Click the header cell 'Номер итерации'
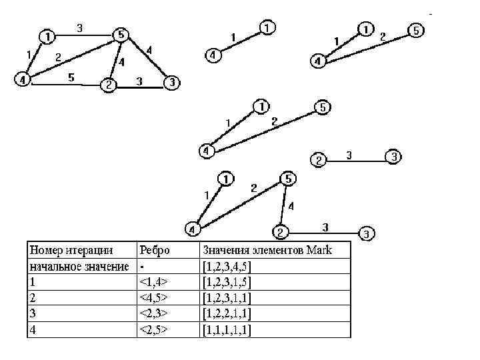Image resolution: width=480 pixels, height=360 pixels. tap(70, 251)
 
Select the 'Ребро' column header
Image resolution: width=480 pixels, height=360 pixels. tap(155, 251)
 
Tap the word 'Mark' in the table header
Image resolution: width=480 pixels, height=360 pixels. tap(318, 251)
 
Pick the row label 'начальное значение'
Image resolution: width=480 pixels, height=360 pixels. tap(79, 267)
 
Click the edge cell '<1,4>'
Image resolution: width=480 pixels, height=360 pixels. tap(153, 282)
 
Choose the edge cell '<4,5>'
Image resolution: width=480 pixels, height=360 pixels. tap(153, 298)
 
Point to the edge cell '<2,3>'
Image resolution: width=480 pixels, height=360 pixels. tap(153, 313)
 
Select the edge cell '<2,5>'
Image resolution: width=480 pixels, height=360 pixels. tap(153, 329)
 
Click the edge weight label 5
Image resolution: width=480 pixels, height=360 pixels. tap(71, 77)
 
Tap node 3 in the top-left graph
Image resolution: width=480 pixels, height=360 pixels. tap(172, 83)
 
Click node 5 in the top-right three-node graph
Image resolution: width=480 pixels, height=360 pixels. tap(415, 31)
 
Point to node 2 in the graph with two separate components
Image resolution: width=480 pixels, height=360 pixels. tap(319, 160)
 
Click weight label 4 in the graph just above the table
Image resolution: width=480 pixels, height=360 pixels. tap(291, 207)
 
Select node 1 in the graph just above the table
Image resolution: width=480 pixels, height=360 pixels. tap(227, 179)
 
